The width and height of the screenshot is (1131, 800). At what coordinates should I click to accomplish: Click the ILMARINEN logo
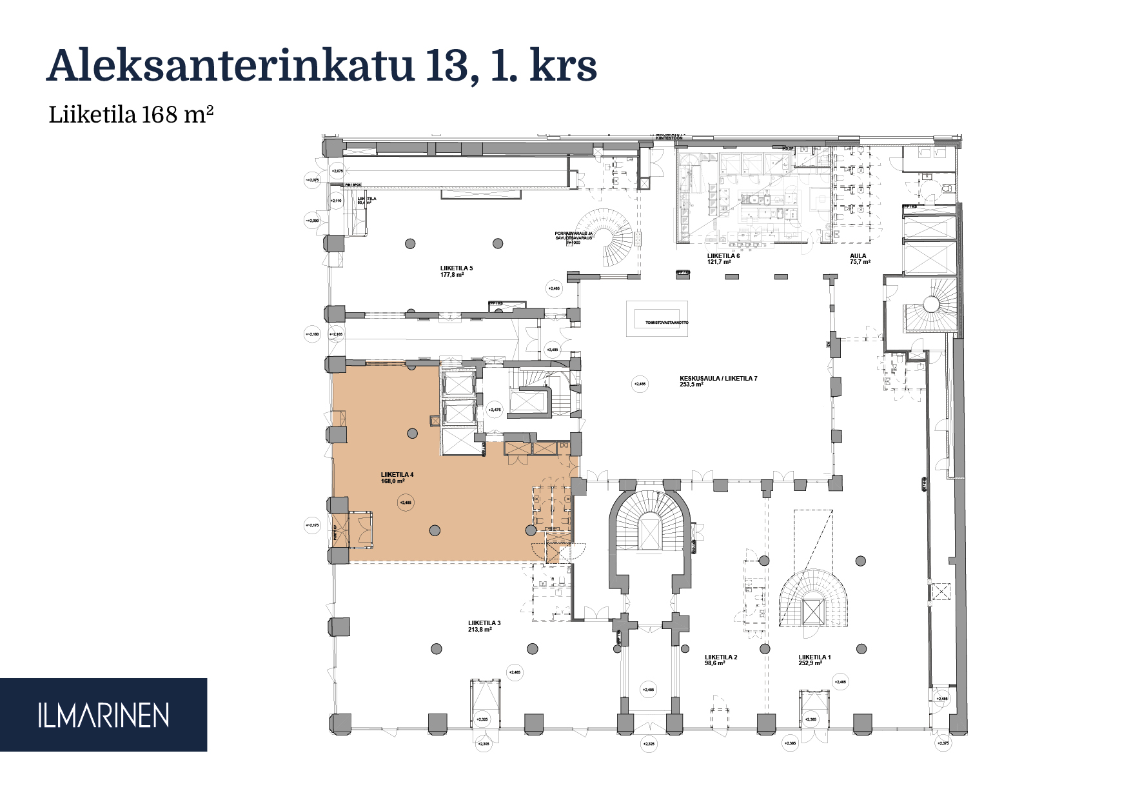coord(103,715)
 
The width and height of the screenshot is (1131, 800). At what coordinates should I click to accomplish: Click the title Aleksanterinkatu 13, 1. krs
coord(322,66)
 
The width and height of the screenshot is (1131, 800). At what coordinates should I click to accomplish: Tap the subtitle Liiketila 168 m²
coord(131,115)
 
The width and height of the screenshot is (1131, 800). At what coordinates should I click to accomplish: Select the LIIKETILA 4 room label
coord(397,475)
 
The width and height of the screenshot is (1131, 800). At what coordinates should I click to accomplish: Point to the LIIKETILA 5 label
coord(457,268)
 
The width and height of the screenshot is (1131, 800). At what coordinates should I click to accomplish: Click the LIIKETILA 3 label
coord(484,623)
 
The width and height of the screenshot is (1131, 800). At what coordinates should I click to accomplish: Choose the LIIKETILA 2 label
coord(721,657)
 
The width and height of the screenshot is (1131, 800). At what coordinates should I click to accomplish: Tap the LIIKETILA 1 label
coord(814,657)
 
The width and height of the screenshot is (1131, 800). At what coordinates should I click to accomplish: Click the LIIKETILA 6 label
coord(723,256)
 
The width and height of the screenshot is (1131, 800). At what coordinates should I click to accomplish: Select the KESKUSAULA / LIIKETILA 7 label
coord(718,379)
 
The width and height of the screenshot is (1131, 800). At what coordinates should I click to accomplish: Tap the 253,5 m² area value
coord(691,385)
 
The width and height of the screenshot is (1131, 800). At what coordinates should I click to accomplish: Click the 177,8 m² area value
coord(452,275)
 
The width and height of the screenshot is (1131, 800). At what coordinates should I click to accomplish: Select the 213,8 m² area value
coord(480,630)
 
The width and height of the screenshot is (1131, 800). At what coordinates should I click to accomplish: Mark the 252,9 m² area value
coord(811,663)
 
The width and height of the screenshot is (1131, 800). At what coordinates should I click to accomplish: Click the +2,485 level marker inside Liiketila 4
coord(406,503)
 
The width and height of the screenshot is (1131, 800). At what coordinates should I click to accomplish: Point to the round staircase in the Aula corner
coord(931,305)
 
